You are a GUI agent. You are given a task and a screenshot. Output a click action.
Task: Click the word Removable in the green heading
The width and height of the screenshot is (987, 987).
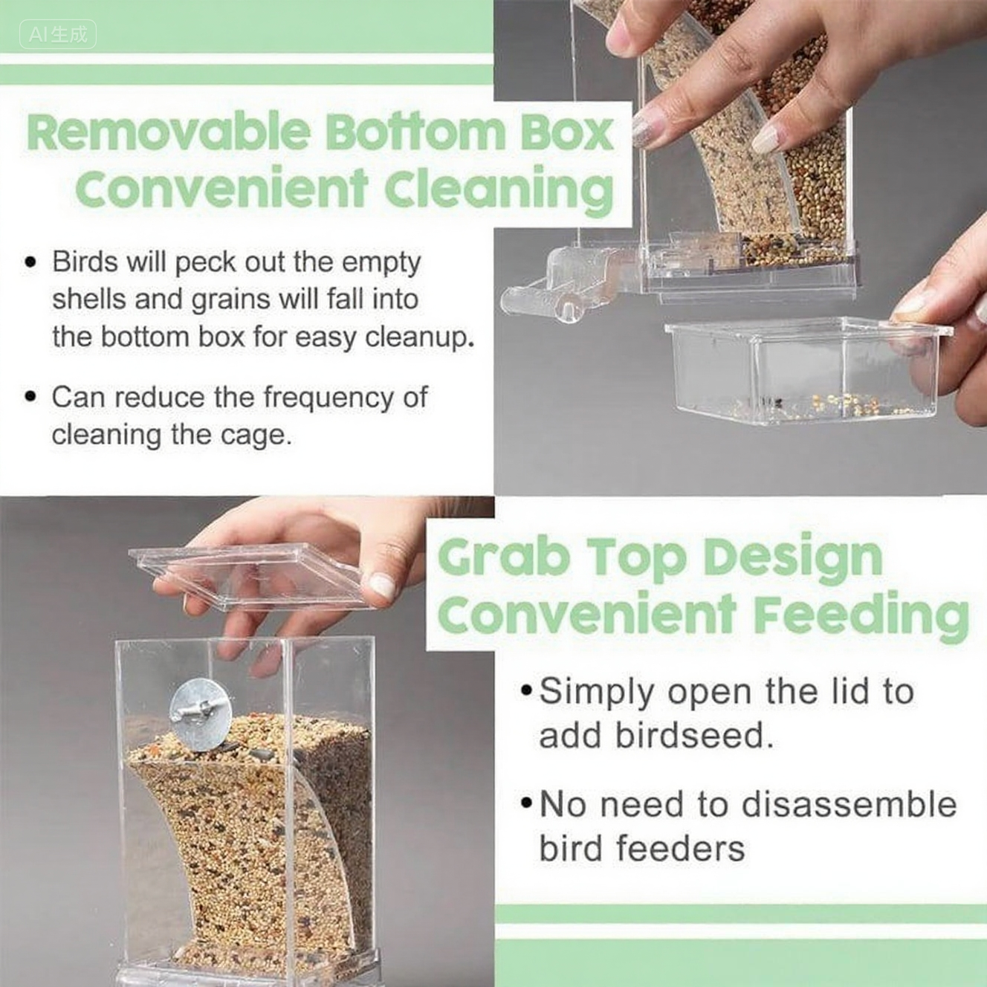[169, 133]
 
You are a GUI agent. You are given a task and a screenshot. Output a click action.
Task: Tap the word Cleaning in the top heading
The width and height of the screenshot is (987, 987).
[499, 190]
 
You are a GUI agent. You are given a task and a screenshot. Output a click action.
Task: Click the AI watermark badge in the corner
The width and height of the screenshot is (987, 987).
[58, 34]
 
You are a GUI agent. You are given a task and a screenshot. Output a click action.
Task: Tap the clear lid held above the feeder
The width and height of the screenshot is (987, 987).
[253, 576]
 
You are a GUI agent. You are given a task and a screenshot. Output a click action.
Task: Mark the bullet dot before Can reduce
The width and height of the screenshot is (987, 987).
[31, 397]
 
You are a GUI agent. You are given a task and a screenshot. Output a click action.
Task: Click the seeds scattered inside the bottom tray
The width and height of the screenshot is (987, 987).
[820, 404]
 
